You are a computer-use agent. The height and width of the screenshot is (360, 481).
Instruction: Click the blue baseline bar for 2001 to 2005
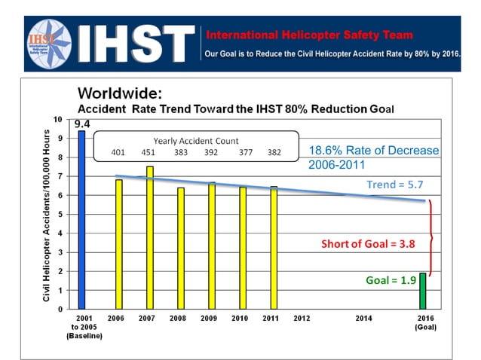[81, 219]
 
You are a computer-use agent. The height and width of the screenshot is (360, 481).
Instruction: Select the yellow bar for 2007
[150, 237]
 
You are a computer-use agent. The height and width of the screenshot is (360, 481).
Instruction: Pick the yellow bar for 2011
[274, 248]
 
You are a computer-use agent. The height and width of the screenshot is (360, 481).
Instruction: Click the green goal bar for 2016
[422, 291]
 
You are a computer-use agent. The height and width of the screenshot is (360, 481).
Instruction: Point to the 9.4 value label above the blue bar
[81, 124]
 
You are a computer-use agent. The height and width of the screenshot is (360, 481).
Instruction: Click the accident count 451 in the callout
[149, 152]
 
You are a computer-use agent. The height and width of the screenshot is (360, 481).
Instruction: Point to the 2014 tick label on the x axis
[364, 319]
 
